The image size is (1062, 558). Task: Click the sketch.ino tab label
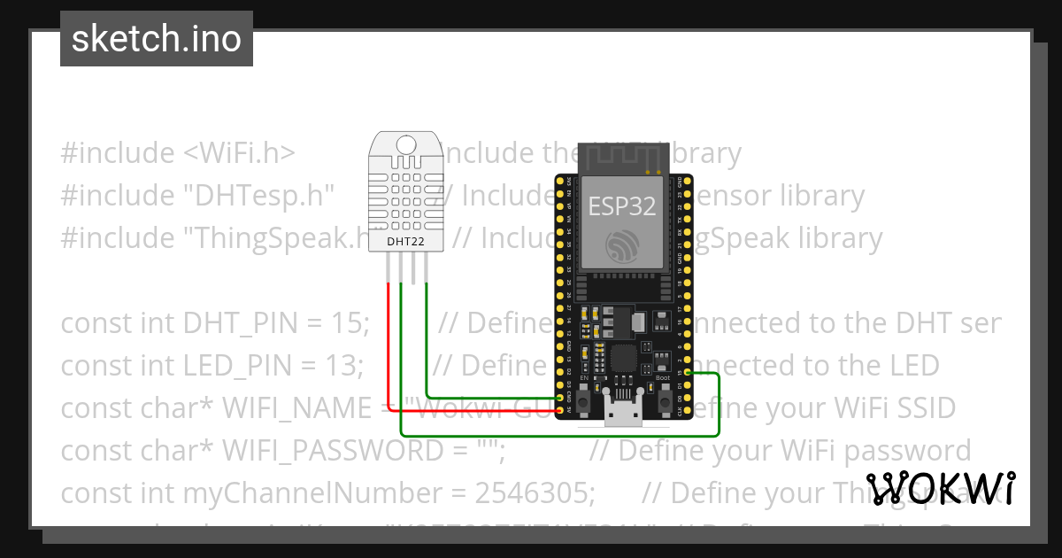(x=157, y=39)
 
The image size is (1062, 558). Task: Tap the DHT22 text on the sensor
(x=406, y=240)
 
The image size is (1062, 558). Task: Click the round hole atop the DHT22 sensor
(x=406, y=144)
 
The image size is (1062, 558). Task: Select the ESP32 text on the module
(x=623, y=205)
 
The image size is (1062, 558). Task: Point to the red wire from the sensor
(x=388, y=345)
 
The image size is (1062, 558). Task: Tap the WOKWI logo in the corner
(x=940, y=489)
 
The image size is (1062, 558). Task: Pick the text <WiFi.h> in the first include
(x=239, y=153)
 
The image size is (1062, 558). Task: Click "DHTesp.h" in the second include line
(x=258, y=196)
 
